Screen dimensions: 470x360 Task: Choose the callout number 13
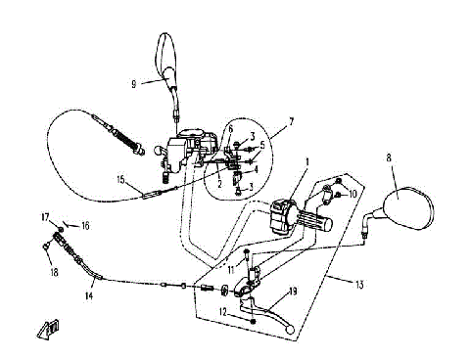tap(360, 285)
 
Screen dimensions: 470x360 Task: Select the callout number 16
tap(85, 226)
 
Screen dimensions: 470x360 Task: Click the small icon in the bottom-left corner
tap(47, 330)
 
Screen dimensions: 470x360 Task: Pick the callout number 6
tap(231, 128)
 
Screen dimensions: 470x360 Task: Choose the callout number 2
tap(220, 182)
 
